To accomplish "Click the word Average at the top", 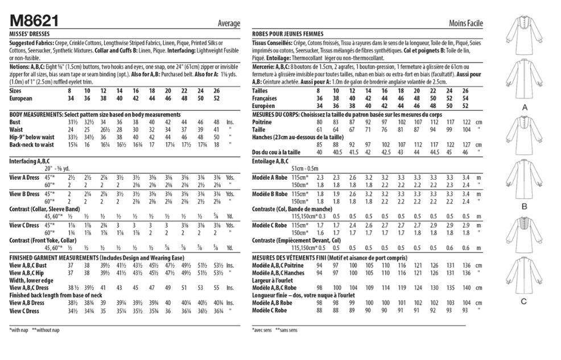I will point(229,23).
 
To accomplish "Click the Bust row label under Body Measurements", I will point(15,122).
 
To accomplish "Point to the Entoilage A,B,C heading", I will point(272,162).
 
